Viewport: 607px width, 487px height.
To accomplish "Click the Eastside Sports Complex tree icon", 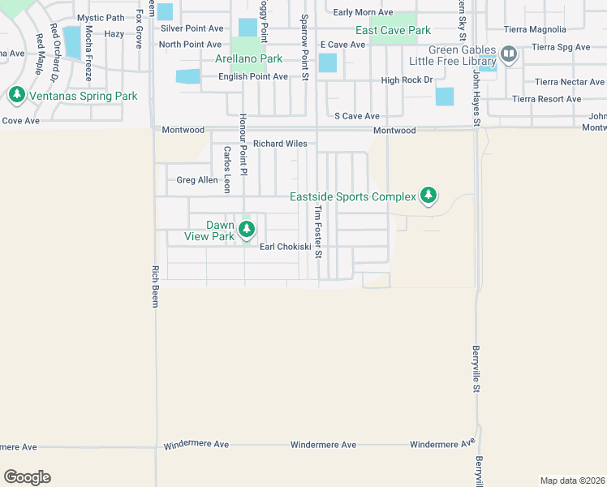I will pos(428,196).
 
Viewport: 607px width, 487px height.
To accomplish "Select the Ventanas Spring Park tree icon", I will pos(16,96).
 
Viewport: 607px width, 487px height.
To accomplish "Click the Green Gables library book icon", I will pos(509,54).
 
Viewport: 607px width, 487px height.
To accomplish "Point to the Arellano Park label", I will pos(248,58).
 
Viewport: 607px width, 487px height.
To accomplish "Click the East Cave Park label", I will pos(393,30).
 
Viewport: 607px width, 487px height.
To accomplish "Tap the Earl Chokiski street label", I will pos(286,248).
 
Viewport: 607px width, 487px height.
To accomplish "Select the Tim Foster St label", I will pos(318,231).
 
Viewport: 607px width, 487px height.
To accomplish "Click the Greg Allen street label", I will pos(197,180).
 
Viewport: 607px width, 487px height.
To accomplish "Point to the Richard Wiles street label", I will pos(280,144).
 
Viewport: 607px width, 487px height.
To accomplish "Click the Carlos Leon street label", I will pos(228,169).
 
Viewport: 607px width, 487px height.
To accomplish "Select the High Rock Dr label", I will pos(407,80).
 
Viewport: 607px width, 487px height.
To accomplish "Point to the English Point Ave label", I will pos(253,76).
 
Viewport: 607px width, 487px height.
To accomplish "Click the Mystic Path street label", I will pos(101,18).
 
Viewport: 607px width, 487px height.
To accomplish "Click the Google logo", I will pos(27,477).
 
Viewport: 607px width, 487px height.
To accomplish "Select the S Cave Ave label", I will pos(357,116).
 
